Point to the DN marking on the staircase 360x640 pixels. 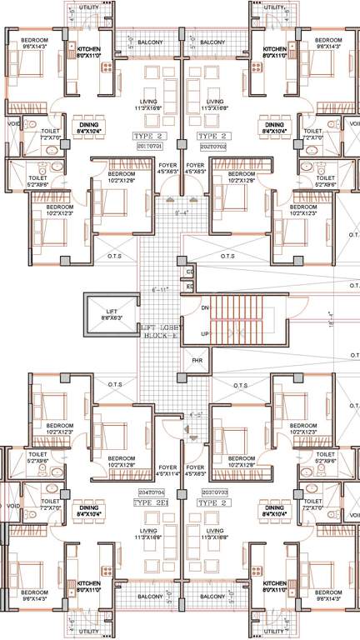point(204,307)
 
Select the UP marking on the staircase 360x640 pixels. point(204,332)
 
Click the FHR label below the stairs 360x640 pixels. point(197,361)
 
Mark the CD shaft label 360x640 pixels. point(190,272)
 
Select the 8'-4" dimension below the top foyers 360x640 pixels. point(181,213)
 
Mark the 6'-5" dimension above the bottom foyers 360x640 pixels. point(197,414)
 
